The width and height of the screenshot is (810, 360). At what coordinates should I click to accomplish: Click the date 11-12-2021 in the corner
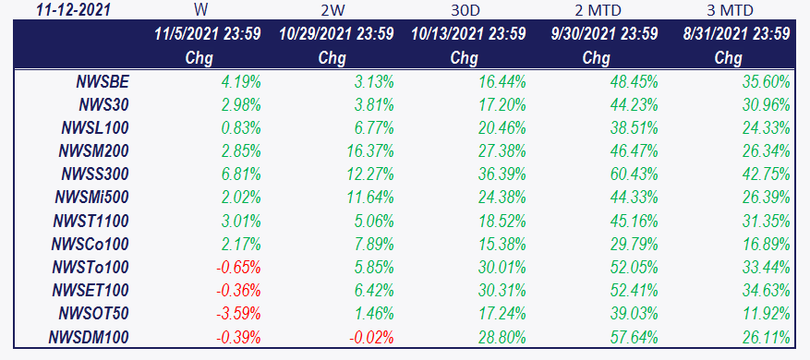coord(73,10)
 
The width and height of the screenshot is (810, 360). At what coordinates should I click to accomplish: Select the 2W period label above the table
coord(332,10)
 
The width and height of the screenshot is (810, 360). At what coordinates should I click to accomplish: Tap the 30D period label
coord(464,10)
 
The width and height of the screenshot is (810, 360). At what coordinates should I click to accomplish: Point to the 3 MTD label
coord(729,10)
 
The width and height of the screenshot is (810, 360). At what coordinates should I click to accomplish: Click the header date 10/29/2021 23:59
coord(336,34)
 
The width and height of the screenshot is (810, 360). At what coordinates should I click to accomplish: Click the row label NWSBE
coord(103,81)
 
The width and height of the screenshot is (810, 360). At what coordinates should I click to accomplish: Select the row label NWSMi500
coord(91,197)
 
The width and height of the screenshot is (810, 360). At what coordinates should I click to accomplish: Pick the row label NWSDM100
coord(89,338)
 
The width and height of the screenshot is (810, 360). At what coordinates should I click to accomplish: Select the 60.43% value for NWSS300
coord(635,174)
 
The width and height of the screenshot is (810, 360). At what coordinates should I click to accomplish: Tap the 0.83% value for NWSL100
coord(240,127)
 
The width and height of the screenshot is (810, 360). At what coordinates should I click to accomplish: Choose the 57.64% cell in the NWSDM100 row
coord(635,338)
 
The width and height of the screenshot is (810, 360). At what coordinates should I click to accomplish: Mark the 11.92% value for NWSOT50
coord(767,313)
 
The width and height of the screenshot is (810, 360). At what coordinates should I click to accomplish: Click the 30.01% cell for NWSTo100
coord(502,267)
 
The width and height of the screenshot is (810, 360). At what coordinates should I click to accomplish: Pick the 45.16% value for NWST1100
coord(635,221)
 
